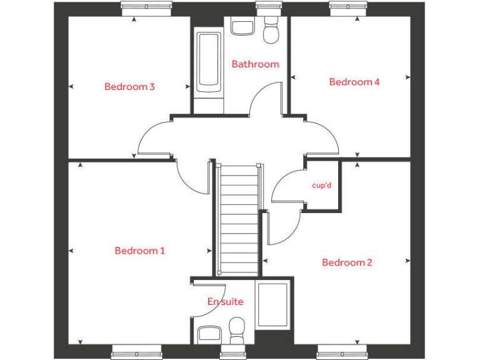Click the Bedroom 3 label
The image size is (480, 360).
click(x=129, y=87)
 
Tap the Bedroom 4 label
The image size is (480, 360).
click(x=354, y=82)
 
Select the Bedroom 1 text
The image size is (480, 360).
click(x=139, y=251)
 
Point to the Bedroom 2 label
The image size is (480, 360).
click(x=347, y=262)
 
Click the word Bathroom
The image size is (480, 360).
click(x=255, y=64)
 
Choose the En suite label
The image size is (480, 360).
click(x=225, y=302)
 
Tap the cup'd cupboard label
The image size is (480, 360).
click(x=322, y=186)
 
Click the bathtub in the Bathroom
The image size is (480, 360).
click(x=208, y=62)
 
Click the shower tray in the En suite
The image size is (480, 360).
click(x=273, y=305)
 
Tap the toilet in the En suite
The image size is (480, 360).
click(x=236, y=329)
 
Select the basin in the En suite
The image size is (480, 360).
click(x=207, y=334)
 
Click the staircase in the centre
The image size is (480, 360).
click(x=238, y=219)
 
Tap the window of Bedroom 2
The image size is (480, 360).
click(x=342, y=352)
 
